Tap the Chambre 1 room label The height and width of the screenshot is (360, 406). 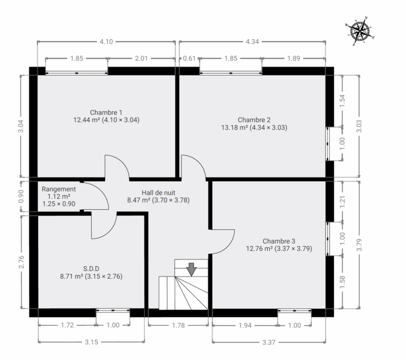coord(106,116)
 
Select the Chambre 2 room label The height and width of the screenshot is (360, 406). coord(254,124)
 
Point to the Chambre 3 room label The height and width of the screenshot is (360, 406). coord(279,245)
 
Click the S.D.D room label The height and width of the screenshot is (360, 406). coord(91,273)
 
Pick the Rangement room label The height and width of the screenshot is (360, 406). coord(59,196)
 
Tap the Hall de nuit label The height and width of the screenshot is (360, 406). coord(158,196)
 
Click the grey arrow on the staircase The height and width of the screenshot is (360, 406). coord(191,270)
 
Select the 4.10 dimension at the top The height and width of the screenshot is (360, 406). coord(106,42)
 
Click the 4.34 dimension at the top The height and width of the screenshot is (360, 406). coord(252,42)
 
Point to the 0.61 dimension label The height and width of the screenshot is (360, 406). coord(189,58)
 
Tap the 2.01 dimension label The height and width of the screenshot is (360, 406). coord(141,58)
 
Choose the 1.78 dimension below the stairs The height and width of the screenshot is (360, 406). coord(178,325)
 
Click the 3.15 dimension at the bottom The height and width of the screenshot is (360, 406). coord(91,342)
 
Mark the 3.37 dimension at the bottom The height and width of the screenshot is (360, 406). coord(269,342)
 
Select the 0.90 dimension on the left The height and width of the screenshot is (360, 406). coord(21,196)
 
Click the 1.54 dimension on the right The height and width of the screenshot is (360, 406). coord(343,101)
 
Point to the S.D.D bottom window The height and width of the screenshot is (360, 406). coord(113,310)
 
